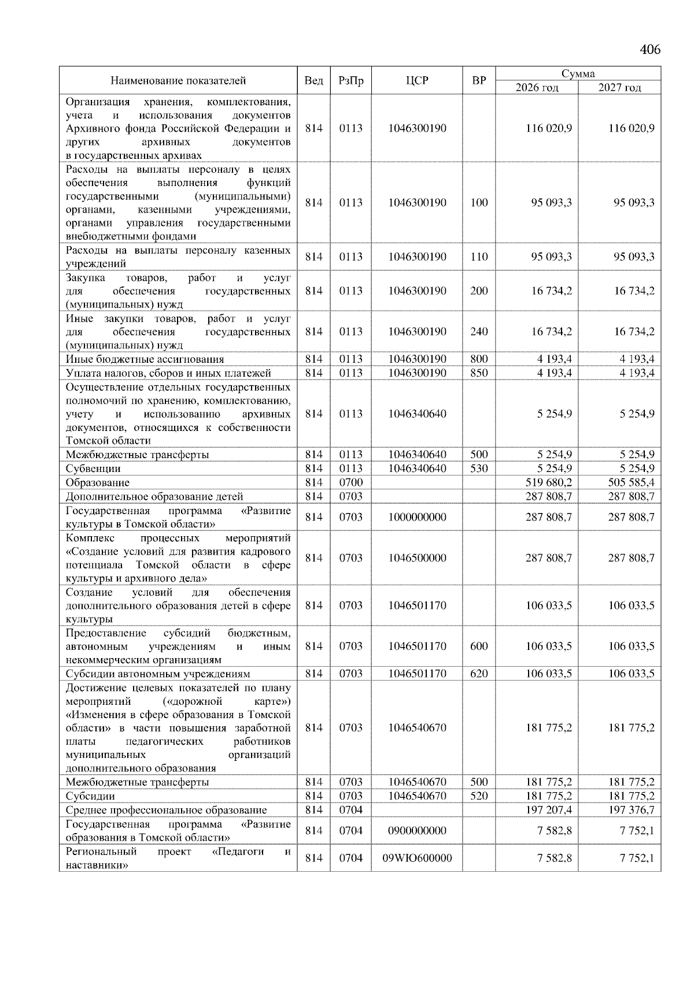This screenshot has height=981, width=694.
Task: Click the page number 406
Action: pyautogui.click(x=650, y=50)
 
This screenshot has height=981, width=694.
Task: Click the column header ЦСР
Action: pyautogui.click(x=417, y=81)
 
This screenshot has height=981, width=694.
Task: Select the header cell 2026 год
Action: pyautogui.click(x=537, y=88)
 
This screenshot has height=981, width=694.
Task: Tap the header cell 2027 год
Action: pyautogui.click(x=619, y=88)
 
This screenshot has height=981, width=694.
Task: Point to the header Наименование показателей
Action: pyautogui.click(x=178, y=81)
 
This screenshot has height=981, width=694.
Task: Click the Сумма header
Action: pyautogui.click(x=578, y=73)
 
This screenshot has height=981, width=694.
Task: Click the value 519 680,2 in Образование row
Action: pyautogui.click(x=548, y=482)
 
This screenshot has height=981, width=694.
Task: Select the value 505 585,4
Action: pyautogui.click(x=631, y=482)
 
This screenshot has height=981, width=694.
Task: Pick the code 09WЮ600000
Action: pyautogui.click(x=417, y=859)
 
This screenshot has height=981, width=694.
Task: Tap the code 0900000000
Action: pyautogui.click(x=417, y=831)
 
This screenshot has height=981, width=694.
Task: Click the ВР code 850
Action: pyautogui.click(x=479, y=373)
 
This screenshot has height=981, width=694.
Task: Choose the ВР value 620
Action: pyautogui.click(x=479, y=674)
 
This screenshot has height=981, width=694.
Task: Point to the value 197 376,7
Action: pyautogui.click(x=631, y=810)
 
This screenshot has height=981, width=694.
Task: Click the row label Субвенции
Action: pyautogui.click(x=93, y=469)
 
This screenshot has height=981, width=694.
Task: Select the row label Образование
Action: pyautogui.click(x=98, y=482)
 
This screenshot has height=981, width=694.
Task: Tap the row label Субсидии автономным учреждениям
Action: pyautogui.click(x=158, y=674)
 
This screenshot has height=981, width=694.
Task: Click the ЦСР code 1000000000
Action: pyautogui.click(x=417, y=517)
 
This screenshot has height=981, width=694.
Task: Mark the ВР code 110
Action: pyautogui.click(x=479, y=257)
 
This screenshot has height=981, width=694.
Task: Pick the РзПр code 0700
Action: pyautogui.click(x=350, y=482)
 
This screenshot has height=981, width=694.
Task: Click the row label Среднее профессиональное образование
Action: pyautogui.click(x=166, y=810)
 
